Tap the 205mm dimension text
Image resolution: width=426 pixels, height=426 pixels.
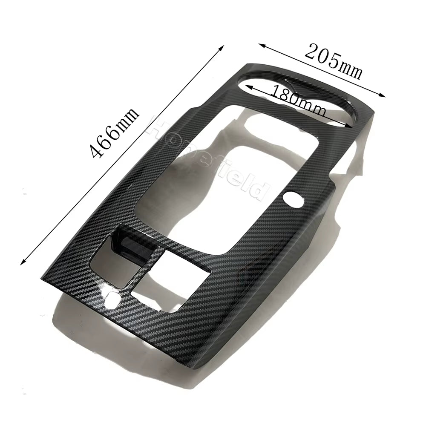pos(334,62)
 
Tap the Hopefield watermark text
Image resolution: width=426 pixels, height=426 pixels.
pos(209,158)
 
